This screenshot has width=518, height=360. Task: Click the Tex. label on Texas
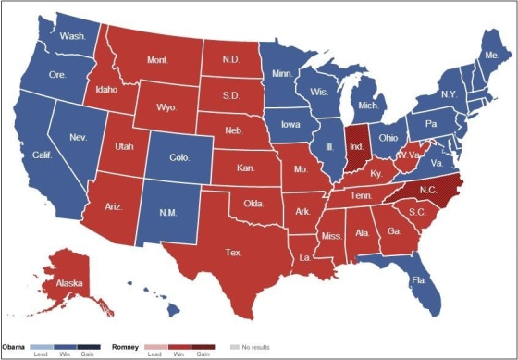coord(234,251)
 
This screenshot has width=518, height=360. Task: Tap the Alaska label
coord(68,282)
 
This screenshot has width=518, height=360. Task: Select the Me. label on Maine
coord(490,57)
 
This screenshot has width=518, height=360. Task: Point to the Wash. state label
coord(72,36)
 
